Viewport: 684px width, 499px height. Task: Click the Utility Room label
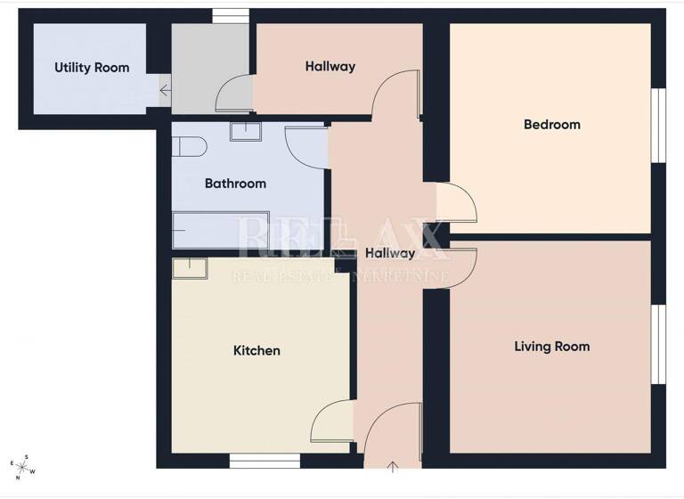click(x=92, y=68)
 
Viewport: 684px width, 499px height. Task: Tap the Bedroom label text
click(x=551, y=125)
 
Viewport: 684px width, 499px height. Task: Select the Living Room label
click(x=551, y=346)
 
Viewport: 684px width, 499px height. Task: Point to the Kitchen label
click(x=256, y=351)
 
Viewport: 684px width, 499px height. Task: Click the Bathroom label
click(x=235, y=184)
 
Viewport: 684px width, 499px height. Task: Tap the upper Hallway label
click(x=330, y=66)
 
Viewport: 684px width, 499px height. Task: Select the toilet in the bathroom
click(x=188, y=144)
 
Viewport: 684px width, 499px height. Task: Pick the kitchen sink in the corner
click(x=189, y=268)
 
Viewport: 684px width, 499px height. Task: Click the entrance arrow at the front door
click(x=394, y=466)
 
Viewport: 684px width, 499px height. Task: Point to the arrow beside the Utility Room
click(x=165, y=89)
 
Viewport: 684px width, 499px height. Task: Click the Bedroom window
click(x=659, y=125)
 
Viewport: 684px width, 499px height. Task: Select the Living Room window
click(x=659, y=344)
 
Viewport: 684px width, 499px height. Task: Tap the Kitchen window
click(x=264, y=461)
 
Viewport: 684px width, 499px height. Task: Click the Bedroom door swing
click(x=458, y=202)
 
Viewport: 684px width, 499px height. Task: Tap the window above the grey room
click(x=230, y=15)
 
